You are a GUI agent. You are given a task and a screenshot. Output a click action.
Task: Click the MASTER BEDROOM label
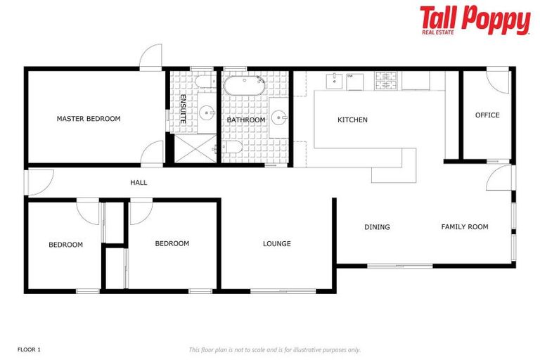[x=89, y=119]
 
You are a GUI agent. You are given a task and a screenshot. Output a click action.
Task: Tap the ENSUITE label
[x=183, y=109]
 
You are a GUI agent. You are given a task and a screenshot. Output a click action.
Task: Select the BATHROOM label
[x=246, y=120]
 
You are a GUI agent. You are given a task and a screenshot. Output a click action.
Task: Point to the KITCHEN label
[x=352, y=120]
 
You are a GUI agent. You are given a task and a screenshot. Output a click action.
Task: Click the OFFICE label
[x=487, y=115]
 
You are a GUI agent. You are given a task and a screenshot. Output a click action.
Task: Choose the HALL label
[x=139, y=183]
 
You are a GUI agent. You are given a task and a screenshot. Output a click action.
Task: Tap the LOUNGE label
[x=277, y=244]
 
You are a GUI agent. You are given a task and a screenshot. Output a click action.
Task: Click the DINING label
[x=377, y=227]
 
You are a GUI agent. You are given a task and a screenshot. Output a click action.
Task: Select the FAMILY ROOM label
[x=465, y=227]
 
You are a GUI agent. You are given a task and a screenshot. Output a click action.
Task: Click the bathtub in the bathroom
[x=244, y=87]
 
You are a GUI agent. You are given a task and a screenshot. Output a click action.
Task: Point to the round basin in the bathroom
[x=278, y=117]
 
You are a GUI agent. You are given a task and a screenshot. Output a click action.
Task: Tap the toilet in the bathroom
[x=233, y=148]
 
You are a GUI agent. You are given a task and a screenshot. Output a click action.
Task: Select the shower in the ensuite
[x=193, y=148]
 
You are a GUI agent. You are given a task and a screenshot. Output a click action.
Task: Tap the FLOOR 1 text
[x=29, y=349]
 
